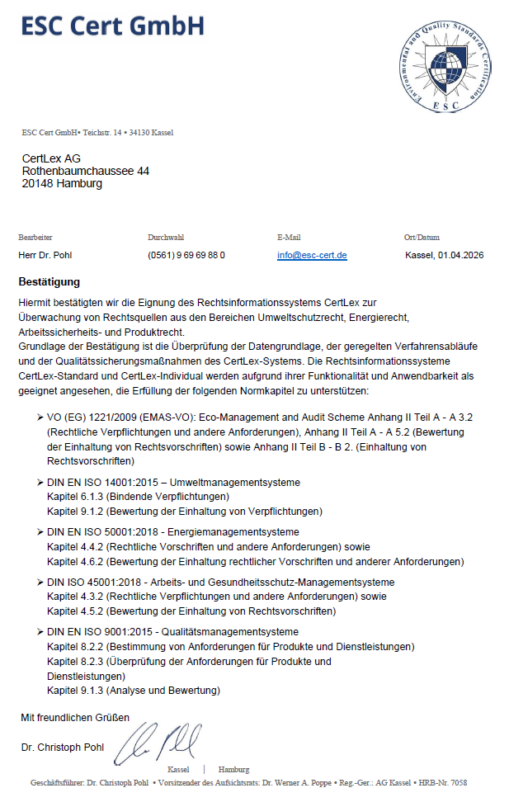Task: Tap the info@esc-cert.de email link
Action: tap(312, 256)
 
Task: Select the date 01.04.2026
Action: tap(460, 256)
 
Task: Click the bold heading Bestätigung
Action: tap(49, 282)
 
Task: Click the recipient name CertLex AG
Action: tap(51, 158)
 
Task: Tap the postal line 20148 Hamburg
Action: tap(62, 183)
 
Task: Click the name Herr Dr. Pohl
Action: tap(45, 256)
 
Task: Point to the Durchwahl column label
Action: tap(166, 237)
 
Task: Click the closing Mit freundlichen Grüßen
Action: tap(75, 718)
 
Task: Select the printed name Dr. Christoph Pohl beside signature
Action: tap(63, 748)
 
